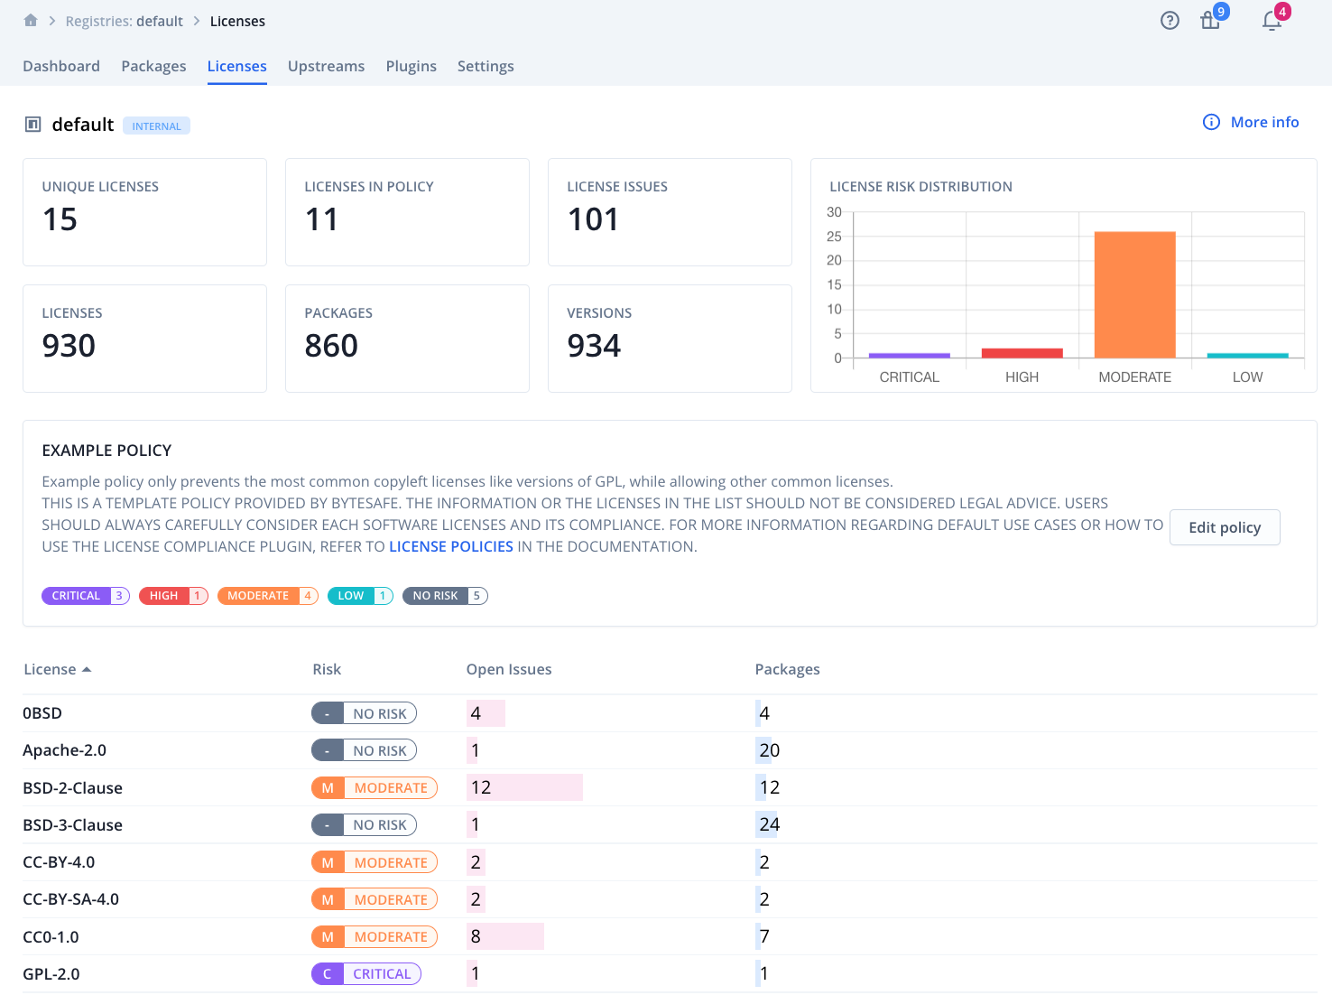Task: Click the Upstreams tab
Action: (326, 66)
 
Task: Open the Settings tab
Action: (486, 66)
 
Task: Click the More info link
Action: (1263, 122)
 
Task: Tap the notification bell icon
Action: (1272, 21)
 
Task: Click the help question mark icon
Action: (1170, 21)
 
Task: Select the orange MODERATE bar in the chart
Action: (1134, 294)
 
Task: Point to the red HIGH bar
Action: (1022, 353)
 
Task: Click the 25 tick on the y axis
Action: (834, 237)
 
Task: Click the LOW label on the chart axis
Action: (1247, 377)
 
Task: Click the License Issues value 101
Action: (593, 219)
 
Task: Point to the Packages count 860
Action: (331, 346)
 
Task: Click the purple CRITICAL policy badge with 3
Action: (86, 596)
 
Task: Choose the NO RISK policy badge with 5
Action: (445, 596)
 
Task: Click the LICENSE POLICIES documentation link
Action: (450, 546)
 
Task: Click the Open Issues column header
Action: (508, 669)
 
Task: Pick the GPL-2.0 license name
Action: (51, 974)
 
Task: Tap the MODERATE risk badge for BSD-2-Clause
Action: (375, 788)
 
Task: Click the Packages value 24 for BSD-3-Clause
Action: (769, 824)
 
